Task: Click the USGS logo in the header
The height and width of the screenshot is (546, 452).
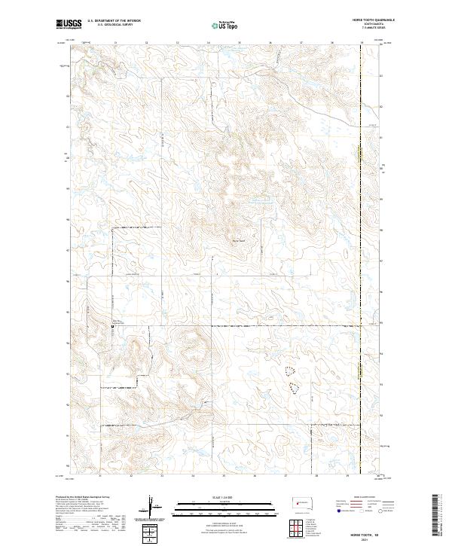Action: pyautogui.click(x=69, y=24)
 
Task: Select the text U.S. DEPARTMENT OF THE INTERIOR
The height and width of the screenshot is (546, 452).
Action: pyautogui.click(x=114, y=21)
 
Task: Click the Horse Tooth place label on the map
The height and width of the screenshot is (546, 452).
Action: pyautogui.click(x=239, y=240)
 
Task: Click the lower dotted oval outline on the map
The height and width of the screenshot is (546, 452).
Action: pyautogui.click(x=294, y=386)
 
